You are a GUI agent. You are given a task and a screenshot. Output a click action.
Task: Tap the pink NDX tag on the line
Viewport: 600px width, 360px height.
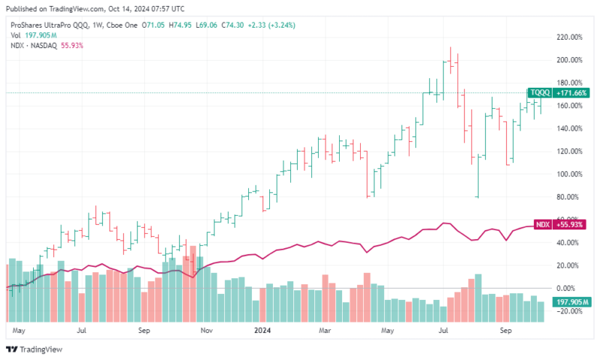(x=542, y=225)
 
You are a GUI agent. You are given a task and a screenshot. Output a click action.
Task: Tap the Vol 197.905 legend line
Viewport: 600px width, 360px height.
(x=29, y=34)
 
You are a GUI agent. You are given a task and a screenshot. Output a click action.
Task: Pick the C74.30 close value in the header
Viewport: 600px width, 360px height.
(x=236, y=24)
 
